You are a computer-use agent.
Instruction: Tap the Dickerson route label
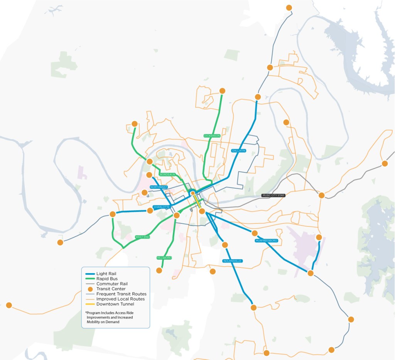(212, 136)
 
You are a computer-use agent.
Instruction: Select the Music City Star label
(273, 196)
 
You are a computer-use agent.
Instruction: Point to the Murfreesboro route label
(266, 241)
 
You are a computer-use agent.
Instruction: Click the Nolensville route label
(232, 261)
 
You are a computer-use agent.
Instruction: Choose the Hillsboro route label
(164, 257)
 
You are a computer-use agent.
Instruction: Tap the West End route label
(142, 237)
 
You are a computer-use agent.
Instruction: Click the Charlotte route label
(161, 207)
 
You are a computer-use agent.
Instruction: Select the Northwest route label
(159, 187)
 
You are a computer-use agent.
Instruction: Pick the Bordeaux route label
(167, 174)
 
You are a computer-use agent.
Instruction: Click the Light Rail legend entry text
(106, 274)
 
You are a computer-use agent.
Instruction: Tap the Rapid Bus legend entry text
(107, 279)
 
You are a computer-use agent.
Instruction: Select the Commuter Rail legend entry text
(111, 284)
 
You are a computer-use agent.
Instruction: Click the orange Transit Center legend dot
(90, 289)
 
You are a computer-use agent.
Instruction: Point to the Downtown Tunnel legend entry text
(115, 304)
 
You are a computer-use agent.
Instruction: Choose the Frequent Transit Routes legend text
(121, 294)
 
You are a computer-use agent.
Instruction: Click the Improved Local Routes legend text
(120, 299)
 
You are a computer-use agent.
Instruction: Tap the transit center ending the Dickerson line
(222, 91)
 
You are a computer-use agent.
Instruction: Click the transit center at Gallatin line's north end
(258, 97)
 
